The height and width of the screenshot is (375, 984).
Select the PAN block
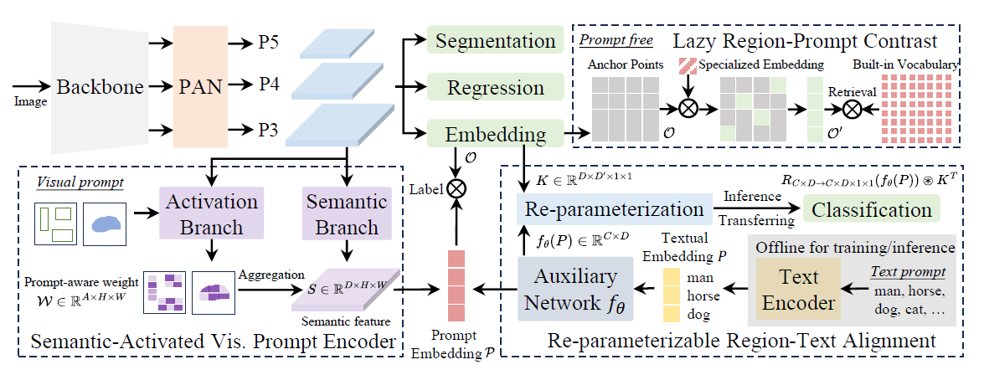pyautogui.click(x=199, y=85)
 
